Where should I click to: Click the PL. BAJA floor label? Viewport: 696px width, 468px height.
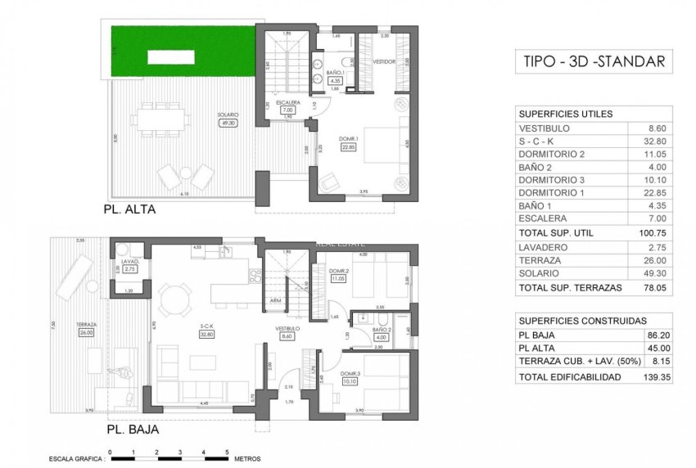coord(131,428)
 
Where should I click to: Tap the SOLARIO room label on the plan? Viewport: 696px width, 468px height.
coord(228,115)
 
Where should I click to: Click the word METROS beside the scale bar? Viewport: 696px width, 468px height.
coord(247,459)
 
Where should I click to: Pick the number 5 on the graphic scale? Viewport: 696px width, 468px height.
coord(228,452)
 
